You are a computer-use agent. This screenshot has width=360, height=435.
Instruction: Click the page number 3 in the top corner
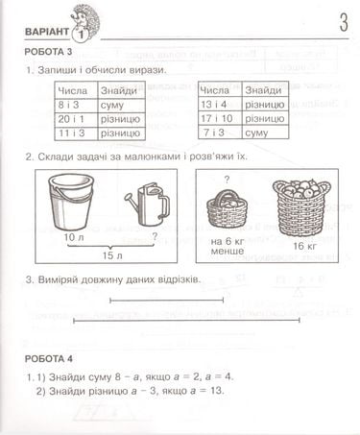click(343, 21)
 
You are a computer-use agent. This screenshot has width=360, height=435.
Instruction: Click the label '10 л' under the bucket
click(66, 235)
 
